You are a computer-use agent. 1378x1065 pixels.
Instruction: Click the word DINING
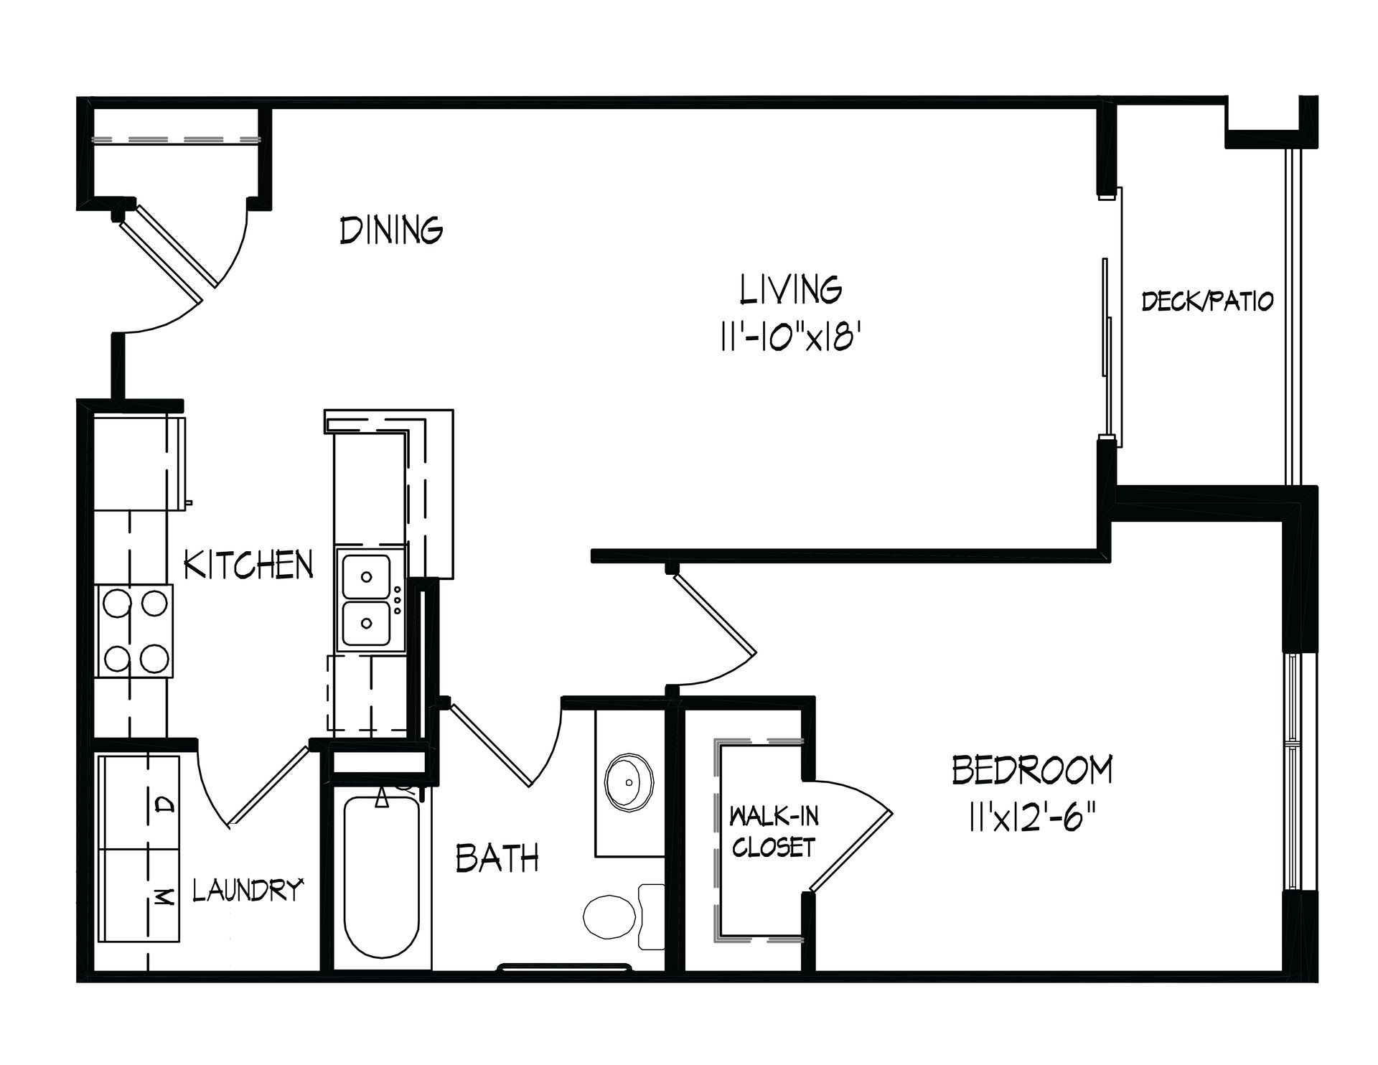tap(391, 230)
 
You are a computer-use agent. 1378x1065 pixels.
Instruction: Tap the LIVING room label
tap(792, 289)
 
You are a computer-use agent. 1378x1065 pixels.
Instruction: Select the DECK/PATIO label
tap(1208, 301)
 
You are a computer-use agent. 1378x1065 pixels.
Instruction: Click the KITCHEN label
tap(249, 565)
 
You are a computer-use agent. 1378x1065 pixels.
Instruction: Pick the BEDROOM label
tap(1032, 770)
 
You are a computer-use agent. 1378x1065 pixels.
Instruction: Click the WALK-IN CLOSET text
tap(774, 832)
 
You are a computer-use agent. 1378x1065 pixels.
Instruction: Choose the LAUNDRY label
tap(247, 890)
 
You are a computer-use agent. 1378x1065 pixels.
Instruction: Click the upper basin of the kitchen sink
tap(367, 576)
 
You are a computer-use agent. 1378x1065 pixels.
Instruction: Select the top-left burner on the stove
tap(116, 604)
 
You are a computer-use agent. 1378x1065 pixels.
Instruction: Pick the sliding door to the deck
tap(1111, 316)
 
